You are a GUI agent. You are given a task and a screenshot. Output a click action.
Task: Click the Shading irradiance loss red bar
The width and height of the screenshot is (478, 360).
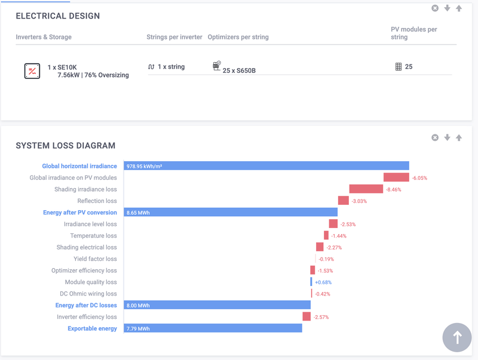coord(366,189)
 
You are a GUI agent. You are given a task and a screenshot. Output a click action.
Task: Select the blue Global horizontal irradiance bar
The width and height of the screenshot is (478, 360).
coord(266,166)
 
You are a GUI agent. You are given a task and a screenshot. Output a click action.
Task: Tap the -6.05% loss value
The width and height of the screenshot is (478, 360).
coord(419,178)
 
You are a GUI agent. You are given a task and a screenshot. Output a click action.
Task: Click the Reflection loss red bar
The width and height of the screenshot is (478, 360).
coord(343,201)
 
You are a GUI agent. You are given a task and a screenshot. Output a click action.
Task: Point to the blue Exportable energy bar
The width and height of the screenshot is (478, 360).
coord(213,328)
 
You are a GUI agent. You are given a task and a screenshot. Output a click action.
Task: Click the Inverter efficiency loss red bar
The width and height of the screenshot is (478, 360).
coord(307,316)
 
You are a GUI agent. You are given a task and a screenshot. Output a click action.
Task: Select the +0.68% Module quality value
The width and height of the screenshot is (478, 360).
coord(323,282)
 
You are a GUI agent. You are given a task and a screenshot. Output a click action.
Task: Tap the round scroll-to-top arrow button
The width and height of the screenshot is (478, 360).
coord(457,337)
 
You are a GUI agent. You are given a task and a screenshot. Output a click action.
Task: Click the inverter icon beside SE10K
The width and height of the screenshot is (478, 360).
coord(32,72)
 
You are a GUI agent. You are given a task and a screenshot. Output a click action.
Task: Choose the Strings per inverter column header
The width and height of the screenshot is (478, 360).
coord(174,37)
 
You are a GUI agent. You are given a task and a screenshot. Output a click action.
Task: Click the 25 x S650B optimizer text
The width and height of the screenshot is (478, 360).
coord(239,70)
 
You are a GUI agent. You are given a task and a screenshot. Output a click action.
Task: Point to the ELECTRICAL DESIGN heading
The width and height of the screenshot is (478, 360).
coord(58,16)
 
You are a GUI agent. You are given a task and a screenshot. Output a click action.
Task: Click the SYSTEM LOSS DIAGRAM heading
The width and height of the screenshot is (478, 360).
coord(66,146)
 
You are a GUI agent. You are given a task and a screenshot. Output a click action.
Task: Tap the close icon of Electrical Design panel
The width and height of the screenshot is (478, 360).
coord(435,8)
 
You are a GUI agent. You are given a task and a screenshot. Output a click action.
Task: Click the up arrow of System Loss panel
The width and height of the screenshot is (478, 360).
coord(459,138)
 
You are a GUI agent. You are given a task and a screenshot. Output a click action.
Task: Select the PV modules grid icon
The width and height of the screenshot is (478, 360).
coord(399,67)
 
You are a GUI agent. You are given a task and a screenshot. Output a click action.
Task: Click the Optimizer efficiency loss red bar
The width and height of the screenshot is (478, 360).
coord(312,270)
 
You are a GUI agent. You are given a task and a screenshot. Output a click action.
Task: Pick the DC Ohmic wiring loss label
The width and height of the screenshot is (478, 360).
coord(89,294)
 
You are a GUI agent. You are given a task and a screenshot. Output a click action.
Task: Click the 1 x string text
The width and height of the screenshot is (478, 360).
coord(171,67)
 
